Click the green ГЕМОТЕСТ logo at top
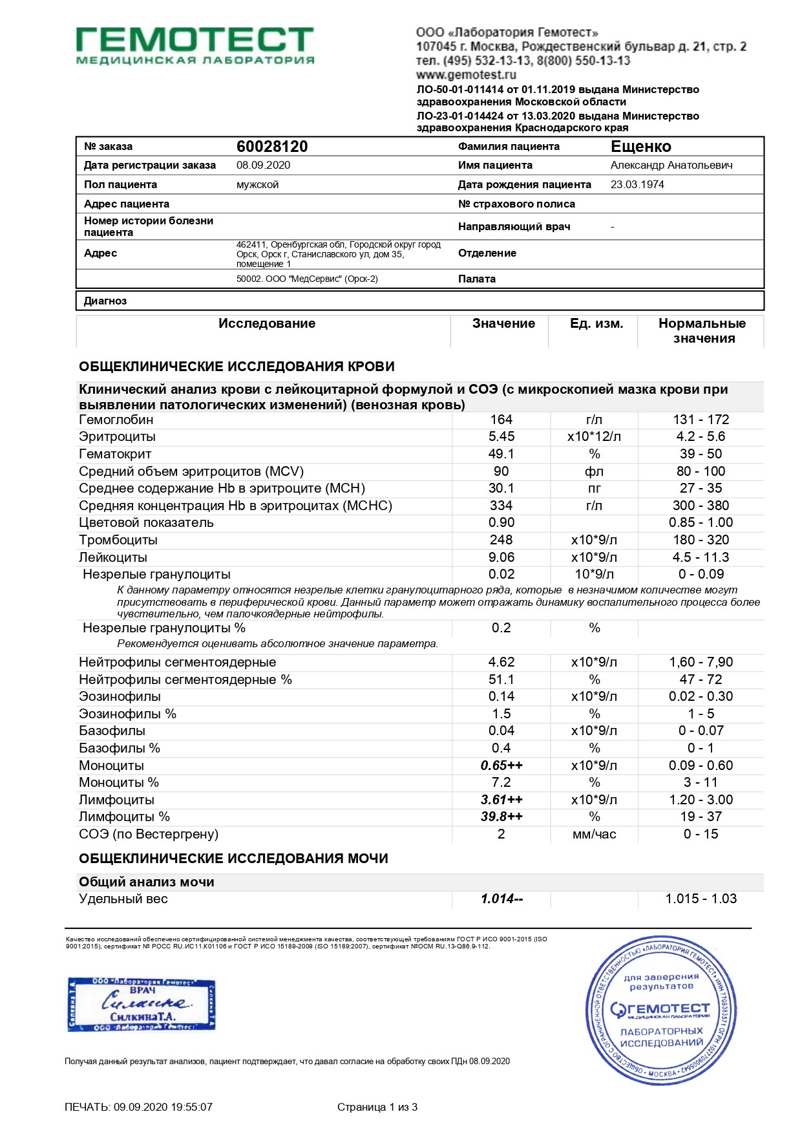tap(195, 45)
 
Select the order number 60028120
tap(272, 147)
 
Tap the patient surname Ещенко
tap(641, 147)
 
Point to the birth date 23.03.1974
tap(637, 184)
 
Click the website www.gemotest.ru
tap(466, 75)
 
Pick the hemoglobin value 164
tap(501, 420)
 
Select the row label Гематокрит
tap(115, 454)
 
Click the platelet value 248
tap(501, 540)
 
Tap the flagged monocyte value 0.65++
tap(501, 765)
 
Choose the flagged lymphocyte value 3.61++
tap(501, 800)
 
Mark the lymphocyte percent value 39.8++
tap(501, 817)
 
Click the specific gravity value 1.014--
tap(501, 899)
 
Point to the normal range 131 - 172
tap(701, 420)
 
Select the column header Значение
tap(503, 323)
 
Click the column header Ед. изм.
tap(596, 323)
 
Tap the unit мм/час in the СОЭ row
tap(594, 834)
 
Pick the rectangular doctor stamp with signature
tap(142, 1004)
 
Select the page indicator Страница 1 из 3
tap(377, 1107)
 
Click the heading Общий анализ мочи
tap(147, 882)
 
